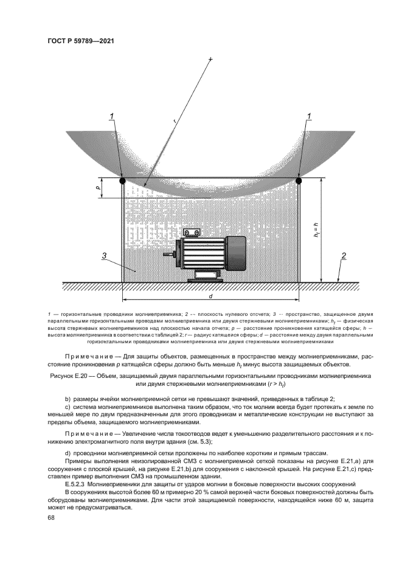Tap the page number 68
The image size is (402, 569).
click(x=50, y=517)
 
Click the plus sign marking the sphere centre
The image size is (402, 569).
click(x=210, y=59)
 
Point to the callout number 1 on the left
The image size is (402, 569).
click(x=112, y=116)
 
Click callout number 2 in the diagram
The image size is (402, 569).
click(x=343, y=256)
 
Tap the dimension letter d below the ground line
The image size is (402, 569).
click(x=210, y=296)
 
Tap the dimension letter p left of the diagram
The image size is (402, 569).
click(x=97, y=188)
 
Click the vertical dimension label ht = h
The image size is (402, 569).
click(x=316, y=229)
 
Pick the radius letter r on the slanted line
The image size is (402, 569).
click(x=175, y=122)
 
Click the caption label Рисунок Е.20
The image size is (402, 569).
click(x=68, y=377)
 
